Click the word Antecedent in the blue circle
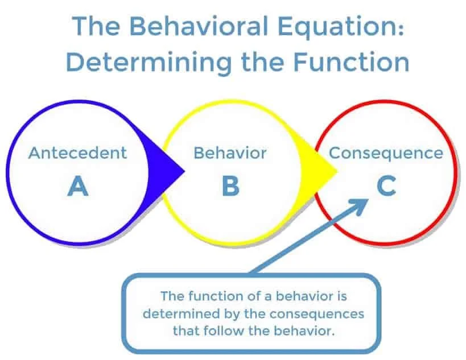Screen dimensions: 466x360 click(77, 153)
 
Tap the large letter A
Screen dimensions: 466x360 click(78, 186)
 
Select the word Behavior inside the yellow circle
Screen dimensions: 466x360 click(230, 153)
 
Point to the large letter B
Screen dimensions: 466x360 click(230, 186)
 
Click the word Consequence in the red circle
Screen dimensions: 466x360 click(386, 153)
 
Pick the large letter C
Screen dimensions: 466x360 click(386, 186)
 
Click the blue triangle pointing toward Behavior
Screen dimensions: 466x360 click(170, 169)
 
